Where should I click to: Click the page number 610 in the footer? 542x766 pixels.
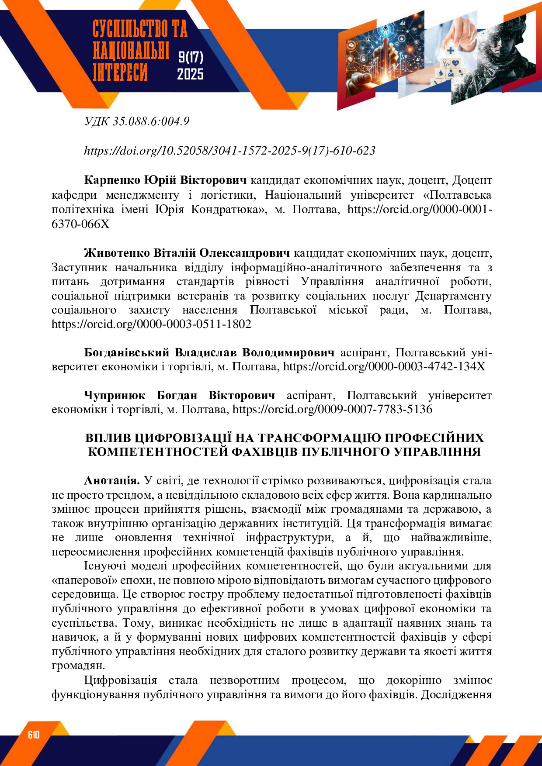pyautogui.click(x=34, y=735)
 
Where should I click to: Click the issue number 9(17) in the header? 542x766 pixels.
pyautogui.click(x=191, y=57)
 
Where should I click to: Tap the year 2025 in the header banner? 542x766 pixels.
pyautogui.click(x=190, y=74)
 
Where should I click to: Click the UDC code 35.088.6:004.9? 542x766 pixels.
pyautogui.click(x=151, y=121)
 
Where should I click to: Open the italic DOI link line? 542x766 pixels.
pyautogui.click(x=229, y=151)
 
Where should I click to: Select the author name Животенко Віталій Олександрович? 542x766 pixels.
pyautogui.click(x=187, y=253)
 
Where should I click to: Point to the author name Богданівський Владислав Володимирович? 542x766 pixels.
pyautogui.click(x=209, y=352)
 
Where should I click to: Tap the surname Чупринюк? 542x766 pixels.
pyautogui.click(x=115, y=395)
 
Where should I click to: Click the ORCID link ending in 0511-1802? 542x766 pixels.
pyautogui.click(x=151, y=324)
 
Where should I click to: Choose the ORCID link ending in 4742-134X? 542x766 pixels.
pyautogui.click(x=384, y=366)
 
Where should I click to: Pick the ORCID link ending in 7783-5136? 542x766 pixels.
pyautogui.click(x=332, y=409)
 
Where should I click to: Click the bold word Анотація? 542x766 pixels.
pyautogui.click(x=111, y=480)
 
